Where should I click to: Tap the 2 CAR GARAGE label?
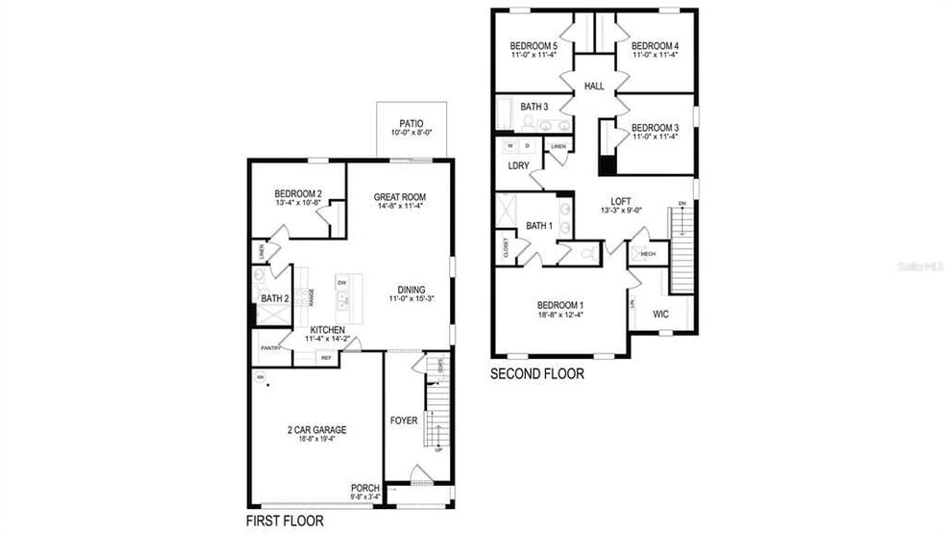[316, 429]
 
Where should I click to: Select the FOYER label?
[404, 420]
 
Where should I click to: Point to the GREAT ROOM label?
[399, 198]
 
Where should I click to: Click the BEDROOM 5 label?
[534, 46]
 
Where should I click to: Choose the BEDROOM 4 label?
[656, 46]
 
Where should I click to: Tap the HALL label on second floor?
[594, 87]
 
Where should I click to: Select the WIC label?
[661, 314]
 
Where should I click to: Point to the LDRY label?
[518, 165]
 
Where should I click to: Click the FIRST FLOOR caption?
[285, 520]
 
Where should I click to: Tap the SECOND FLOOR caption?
[536, 374]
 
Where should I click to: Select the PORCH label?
[365, 489]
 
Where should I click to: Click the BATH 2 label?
[274, 298]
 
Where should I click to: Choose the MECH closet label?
[647, 254]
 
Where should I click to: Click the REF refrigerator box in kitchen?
[326, 358]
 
